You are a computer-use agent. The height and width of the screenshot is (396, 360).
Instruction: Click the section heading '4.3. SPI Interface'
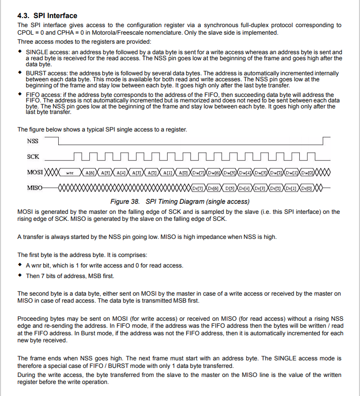(x=47, y=16)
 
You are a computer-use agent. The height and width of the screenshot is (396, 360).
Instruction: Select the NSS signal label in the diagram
(x=33, y=141)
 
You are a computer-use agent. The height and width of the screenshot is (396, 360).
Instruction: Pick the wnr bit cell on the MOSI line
(x=70, y=173)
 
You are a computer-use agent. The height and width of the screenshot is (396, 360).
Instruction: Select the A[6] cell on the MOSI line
(x=90, y=173)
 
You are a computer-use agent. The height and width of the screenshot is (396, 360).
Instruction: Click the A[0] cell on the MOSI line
(x=183, y=173)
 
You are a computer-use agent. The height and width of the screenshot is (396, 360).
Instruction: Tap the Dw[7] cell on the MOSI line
(x=199, y=173)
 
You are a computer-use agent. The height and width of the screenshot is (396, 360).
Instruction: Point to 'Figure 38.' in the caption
(x=126, y=202)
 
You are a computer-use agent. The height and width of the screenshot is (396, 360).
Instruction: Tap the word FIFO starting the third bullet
(x=33, y=94)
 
